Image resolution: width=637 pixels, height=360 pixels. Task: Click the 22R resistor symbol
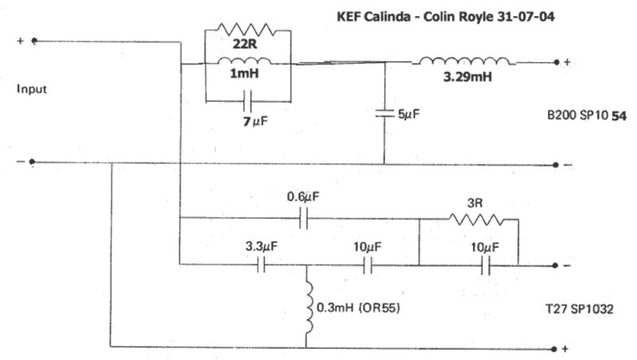[246, 29]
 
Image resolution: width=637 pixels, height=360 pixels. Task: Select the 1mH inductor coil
[244, 61]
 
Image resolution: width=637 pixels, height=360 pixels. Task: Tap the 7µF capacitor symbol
[248, 102]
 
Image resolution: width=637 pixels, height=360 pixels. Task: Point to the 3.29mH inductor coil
[464, 61]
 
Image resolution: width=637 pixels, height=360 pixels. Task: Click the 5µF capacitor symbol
[385, 113]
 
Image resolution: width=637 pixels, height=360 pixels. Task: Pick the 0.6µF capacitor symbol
[303, 218]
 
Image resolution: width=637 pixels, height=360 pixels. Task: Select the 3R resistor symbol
[475, 220]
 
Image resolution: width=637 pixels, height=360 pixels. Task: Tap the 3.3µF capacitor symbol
[261, 266]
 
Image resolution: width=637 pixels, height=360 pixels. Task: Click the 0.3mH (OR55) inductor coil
[309, 307]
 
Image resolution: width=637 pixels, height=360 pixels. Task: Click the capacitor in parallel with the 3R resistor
[485, 266]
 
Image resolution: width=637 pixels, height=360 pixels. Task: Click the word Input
[32, 89]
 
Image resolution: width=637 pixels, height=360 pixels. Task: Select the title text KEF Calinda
[373, 17]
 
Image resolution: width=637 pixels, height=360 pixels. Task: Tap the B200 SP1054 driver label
[587, 115]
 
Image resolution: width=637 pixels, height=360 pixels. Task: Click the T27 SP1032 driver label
[579, 309]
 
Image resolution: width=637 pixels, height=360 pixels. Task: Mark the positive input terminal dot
[34, 41]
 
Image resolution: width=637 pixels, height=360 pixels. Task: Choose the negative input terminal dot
[32, 162]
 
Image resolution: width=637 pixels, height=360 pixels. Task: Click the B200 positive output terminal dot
[557, 62]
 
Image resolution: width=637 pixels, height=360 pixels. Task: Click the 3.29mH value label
[467, 76]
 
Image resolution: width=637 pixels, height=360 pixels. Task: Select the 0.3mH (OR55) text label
[358, 307]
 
